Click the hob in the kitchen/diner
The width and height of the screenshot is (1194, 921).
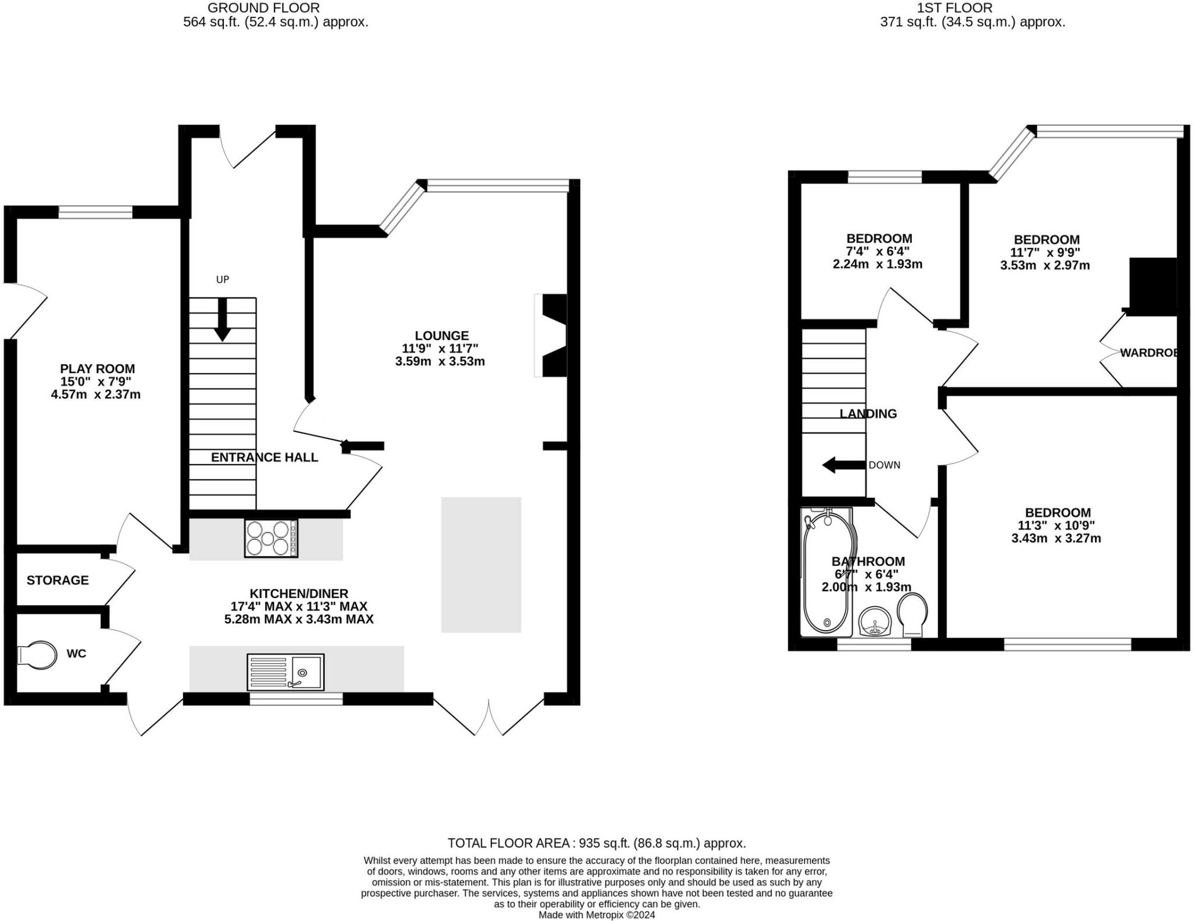(x=271, y=538)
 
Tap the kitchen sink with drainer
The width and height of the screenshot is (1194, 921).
(x=286, y=672)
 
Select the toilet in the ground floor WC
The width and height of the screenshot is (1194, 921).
(x=37, y=655)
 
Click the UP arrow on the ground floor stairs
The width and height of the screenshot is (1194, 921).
(x=222, y=319)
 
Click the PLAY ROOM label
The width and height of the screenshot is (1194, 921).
(x=97, y=369)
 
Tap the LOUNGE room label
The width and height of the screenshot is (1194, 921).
(x=442, y=336)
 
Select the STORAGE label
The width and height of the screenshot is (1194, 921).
(x=58, y=580)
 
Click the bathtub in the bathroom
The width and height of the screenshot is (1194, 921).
(x=827, y=572)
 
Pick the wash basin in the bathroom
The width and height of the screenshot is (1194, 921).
(x=875, y=621)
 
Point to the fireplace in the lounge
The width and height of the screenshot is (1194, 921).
(x=551, y=336)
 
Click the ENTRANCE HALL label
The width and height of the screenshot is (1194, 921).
(x=265, y=458)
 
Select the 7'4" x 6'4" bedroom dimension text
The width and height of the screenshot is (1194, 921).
(x=877, y=251)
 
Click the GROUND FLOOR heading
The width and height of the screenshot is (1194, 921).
(x=264, y=8)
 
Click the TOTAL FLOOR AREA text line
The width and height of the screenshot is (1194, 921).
(x=597, y=843)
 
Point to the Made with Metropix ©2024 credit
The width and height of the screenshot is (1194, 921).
(x=597, y=915)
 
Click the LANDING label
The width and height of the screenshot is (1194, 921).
(x=868, y=414)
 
